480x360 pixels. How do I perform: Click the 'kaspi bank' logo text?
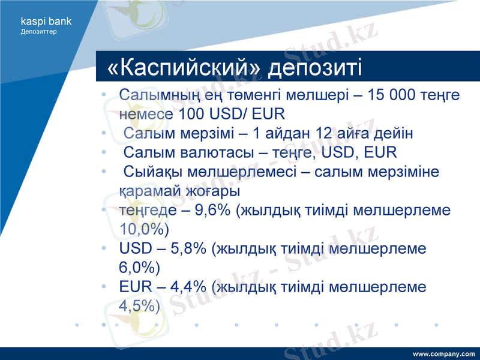coord(46,21)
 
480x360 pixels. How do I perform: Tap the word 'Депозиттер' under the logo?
coord(39,31)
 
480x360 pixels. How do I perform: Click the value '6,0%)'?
coord(139,268)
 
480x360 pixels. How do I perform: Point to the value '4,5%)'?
coord(139,306)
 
